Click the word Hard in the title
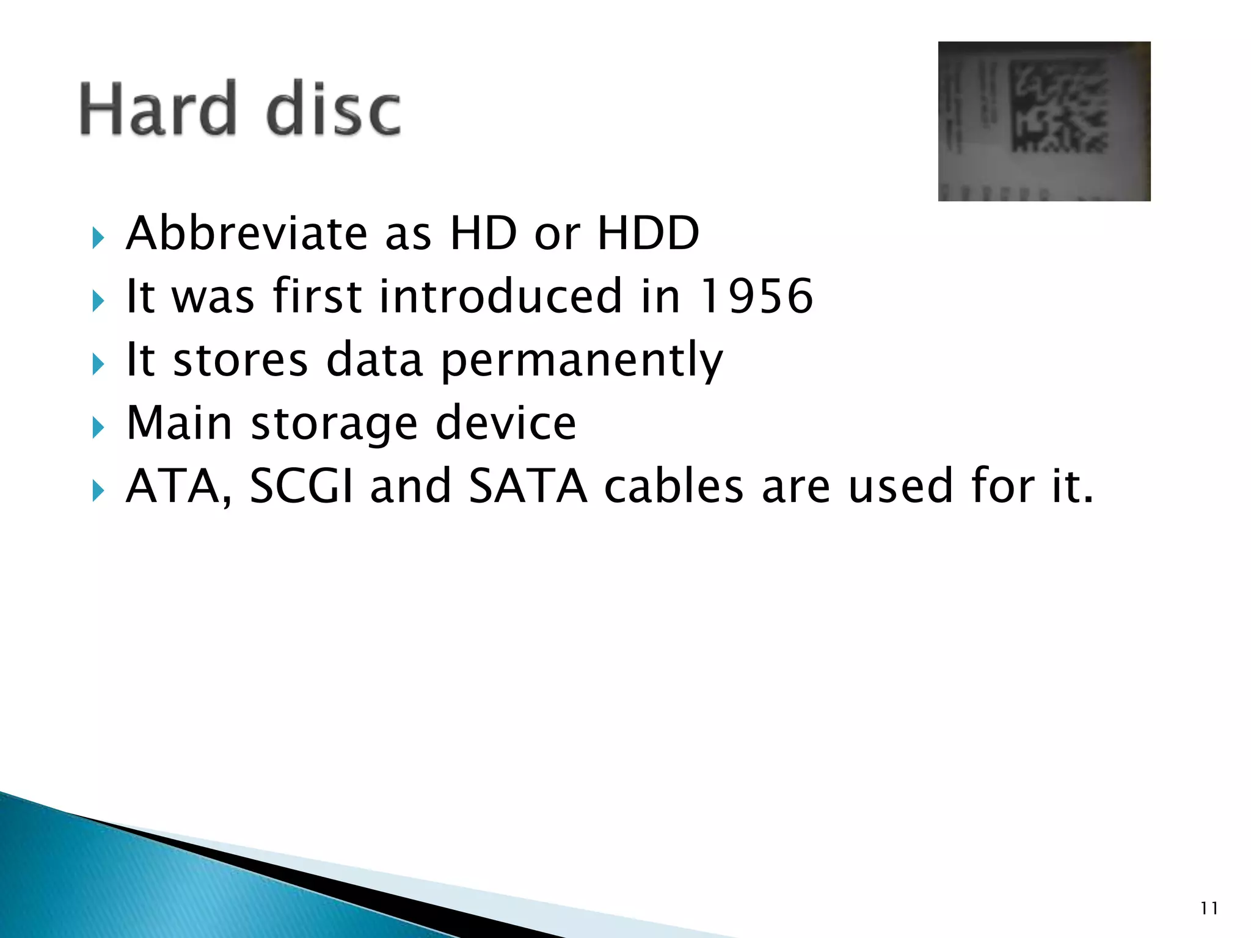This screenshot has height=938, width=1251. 158,109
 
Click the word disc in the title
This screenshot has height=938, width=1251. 334,109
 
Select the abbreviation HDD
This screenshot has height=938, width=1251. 648,233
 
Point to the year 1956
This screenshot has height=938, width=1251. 756,296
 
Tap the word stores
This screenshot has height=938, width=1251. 241,360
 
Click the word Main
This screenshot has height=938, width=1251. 179,423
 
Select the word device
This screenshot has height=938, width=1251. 506,423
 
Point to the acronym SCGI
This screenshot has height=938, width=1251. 302,486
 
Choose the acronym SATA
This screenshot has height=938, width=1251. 528,486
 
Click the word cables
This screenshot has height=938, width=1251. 674,486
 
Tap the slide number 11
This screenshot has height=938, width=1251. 1209,909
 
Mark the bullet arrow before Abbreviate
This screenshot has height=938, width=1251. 98,238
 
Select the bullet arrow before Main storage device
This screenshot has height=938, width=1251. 98,427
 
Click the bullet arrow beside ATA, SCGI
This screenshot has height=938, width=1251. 98,490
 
